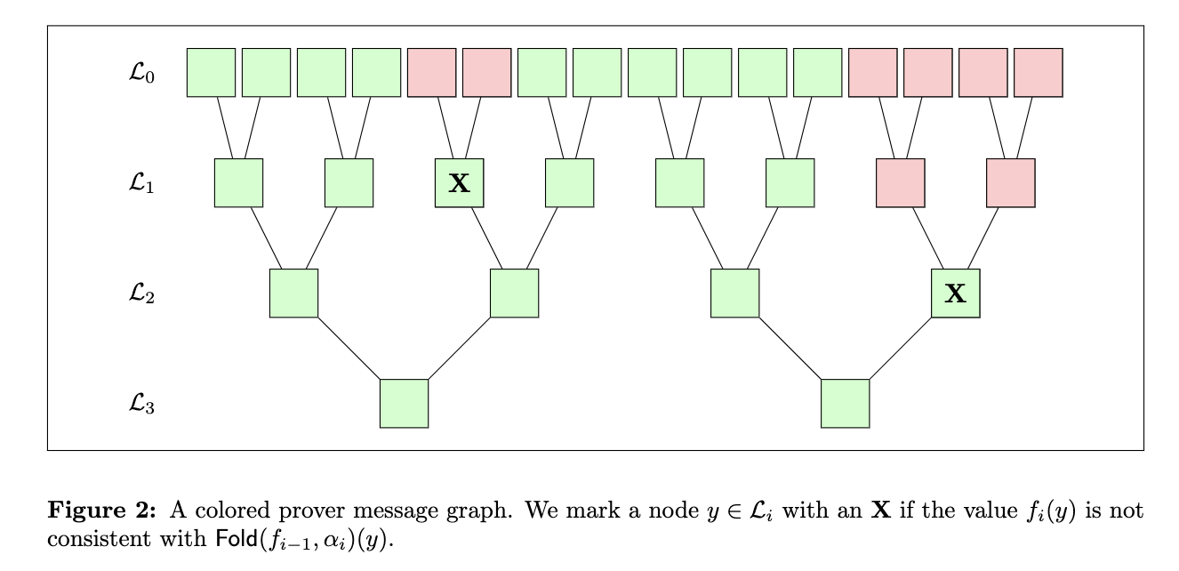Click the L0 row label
pos(141,74)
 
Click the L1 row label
pos(141,184)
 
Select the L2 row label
pos(141,294)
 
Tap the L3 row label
pos(141,405)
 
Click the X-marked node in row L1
pos(459,183)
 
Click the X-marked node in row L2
pos(955,294)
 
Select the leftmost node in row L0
pos(211,73)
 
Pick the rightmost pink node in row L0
pos(1038,73)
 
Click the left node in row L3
pos(404,404)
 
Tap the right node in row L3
pos(845,404)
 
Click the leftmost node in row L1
pos(238,183)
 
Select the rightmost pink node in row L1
pos(1010,183)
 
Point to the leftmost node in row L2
pos(293,294)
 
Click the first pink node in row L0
pos(431,73)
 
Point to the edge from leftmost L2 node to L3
pos(349,349)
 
